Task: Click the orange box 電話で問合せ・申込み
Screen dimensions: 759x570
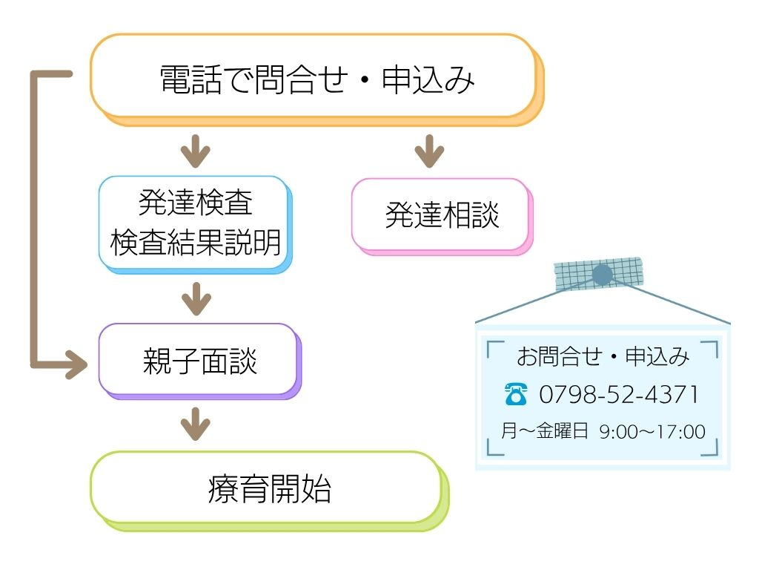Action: click(317, 80)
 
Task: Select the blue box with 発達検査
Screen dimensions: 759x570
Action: click(196, 224)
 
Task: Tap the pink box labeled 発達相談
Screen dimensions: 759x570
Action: click(442, 216)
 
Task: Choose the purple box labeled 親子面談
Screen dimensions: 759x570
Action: click(200, 361)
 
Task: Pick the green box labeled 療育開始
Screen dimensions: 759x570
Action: click(270, 491)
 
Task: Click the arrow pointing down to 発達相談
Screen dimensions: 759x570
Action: click(429, 151)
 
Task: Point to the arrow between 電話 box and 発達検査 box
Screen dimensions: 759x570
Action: click(196, 151)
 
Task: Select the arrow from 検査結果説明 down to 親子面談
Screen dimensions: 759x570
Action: click(196, 298)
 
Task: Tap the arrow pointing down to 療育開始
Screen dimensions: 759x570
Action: click(196, 424)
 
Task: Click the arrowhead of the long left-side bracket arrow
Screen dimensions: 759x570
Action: click(77, 364)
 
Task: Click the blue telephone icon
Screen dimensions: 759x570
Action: click(516, 393)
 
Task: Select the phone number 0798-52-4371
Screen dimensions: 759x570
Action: click(619, 394)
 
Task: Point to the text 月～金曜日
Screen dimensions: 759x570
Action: click(545, 431)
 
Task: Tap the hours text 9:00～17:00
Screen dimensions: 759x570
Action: click(652, 432)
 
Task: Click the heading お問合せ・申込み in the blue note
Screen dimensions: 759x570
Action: click(603, 356)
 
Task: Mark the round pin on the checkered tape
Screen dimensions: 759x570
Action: click(602, 275)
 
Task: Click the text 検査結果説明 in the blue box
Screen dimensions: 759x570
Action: click(196, 243)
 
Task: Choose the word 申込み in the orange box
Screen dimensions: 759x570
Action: click(428, 80)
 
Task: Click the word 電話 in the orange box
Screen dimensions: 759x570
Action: click(191, 80)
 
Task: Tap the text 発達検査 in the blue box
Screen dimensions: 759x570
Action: click(196, 202)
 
